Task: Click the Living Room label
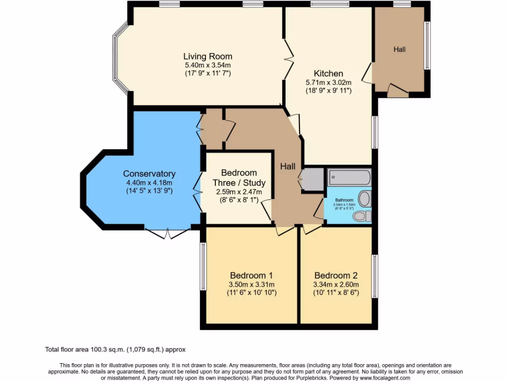pyautogui.click(x=207, y=56)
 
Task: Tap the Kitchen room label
pyautogui.click(x=328, y=73)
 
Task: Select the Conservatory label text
pyautogui.click(x=149, y=174)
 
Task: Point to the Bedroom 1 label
pyautogui.click(x=252, y=275)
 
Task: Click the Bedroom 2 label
pyautogui.click(x=336, y=275)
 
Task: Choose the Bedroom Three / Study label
pyautogui.click(x=239, y=178)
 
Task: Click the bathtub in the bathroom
pyautogui.click(x=349, y=177)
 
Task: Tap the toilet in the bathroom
pyautogui.click(x=364, y=216)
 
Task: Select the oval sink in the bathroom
pyautogui.click(x=364, y=199)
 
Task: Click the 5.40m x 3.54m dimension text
pyautogui.click(x=207, y=65)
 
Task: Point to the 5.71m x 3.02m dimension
pyautogui.click(x=328, y=82)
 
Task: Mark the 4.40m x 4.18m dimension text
pyautogui.click(x=149, y=183)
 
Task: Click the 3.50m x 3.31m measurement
pyautogui.click(x=252, y=284)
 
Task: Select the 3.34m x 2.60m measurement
pyautogui.click(x=336, y=284)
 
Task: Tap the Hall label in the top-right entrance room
pyautogui.click(x=400, y=49)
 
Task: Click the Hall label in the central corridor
pyautogui.click(x=288, y=167)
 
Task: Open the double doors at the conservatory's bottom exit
pyautogui.click(x=167, y=233)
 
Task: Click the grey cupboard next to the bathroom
pyautogui.click(x=312, y=179)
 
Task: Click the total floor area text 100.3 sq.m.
pyautogui.click(x=115, y=349)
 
